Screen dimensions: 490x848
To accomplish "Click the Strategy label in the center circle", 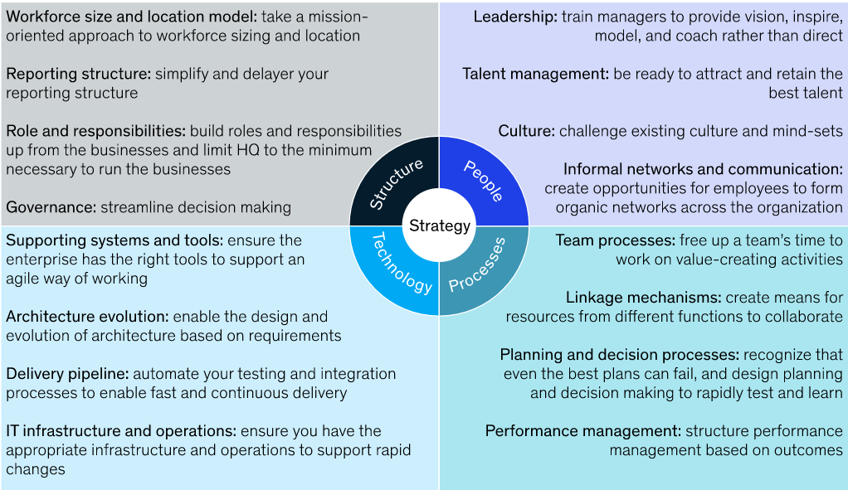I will (439, 226).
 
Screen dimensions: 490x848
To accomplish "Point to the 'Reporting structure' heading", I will (78, 74).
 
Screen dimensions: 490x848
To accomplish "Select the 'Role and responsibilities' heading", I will (95, 131).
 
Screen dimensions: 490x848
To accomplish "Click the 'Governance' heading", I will (50, 207).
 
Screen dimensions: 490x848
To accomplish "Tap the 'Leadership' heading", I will (514, 17).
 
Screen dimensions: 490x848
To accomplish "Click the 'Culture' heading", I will (526, 131).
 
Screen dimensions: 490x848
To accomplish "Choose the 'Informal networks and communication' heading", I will (703, 169).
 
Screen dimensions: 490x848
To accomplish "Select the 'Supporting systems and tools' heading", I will (115, 240).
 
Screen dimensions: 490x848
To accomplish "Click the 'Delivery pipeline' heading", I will (67, 374).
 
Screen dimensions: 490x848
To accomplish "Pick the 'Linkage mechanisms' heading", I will (643, 298).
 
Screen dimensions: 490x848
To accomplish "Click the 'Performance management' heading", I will (583, 431).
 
